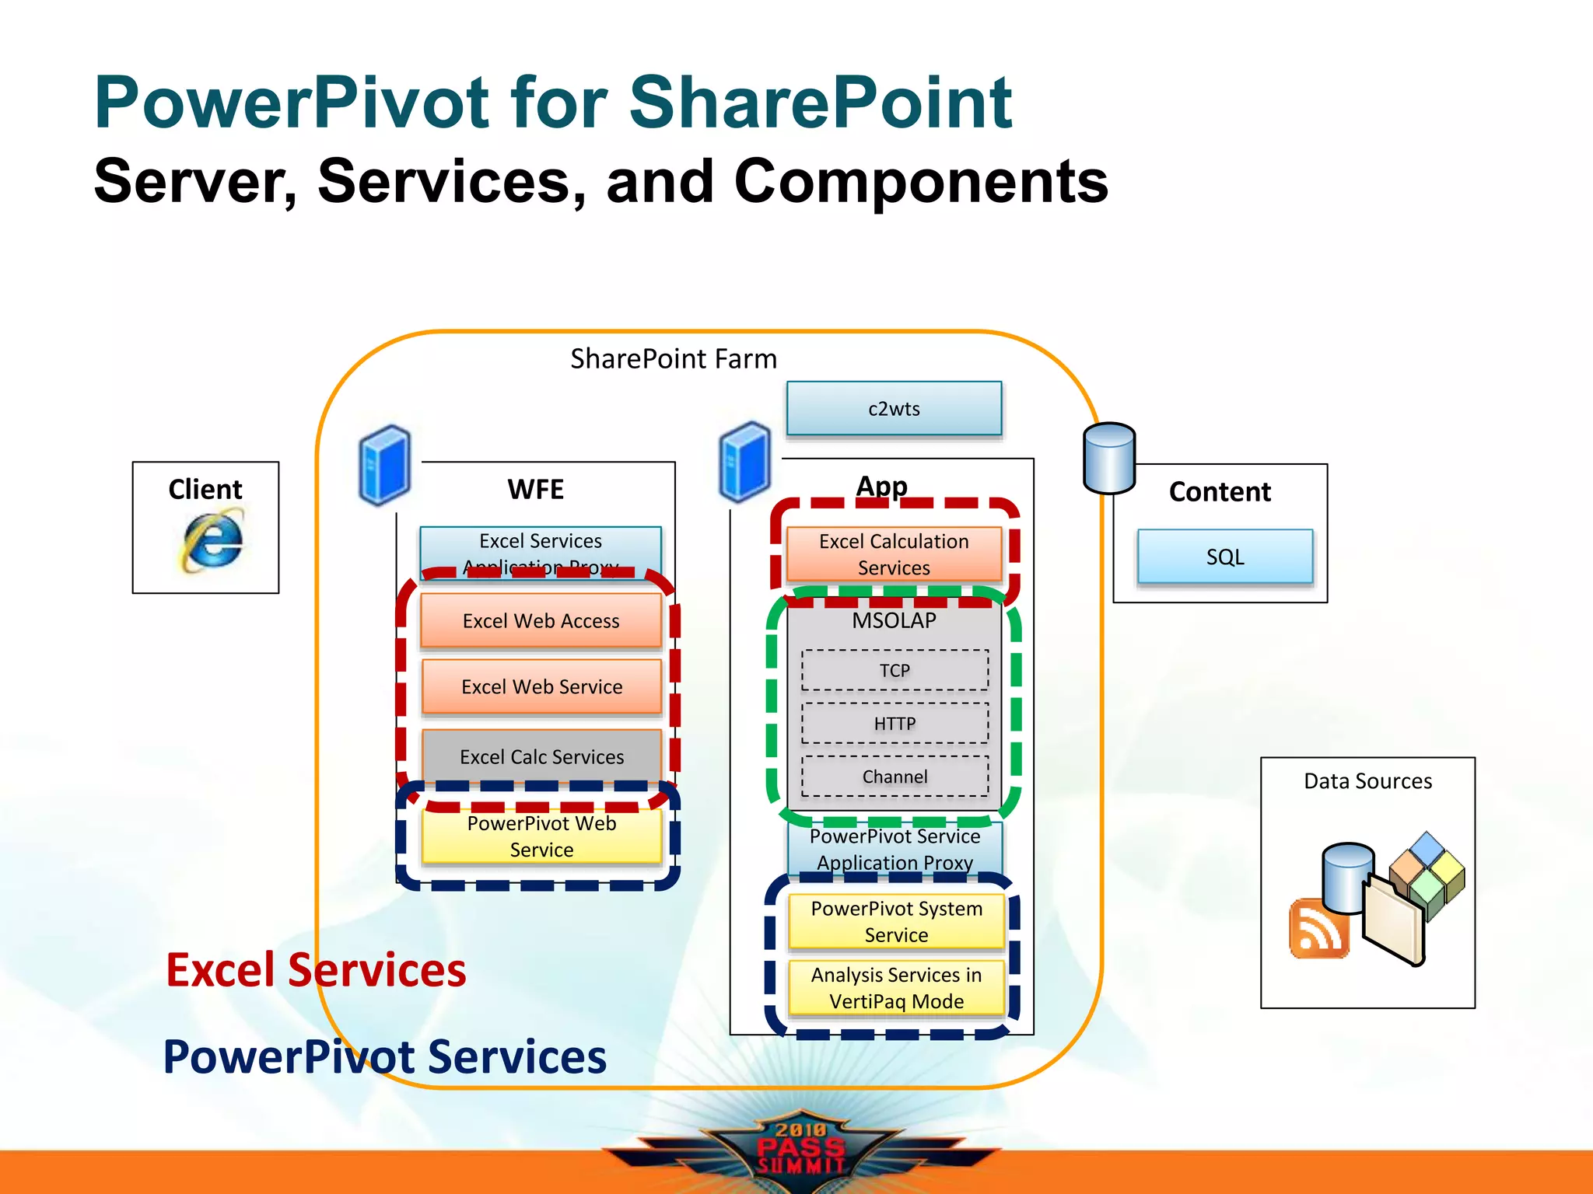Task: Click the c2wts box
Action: (x=894, y=409)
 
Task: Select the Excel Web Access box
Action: (x=541, y=620)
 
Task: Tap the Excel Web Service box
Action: (x=541, y=686)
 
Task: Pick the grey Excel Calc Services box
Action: (x=541, y=756)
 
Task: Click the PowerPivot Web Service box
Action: (x=541, y=836)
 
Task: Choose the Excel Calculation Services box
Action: (x=894, y=554)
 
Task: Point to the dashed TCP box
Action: (x=895, y=670)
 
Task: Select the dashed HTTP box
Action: (x=895, y=724)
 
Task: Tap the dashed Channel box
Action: (x=895, y=777)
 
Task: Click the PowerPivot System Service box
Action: (x=896, y=922)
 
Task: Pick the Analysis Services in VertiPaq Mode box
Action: (x=896, y=988)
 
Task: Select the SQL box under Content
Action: (x=1225, y=557)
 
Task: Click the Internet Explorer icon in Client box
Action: (x=212, y=539)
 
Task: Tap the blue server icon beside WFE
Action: (x=384, y=465)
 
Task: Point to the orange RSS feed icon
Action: (x=1318, y=929)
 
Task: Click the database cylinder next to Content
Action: (x=1109, y=458)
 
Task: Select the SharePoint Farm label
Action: (x=674, y=359)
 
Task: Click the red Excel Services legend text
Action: (x=316, y=970)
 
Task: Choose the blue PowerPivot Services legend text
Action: (x=385, y=1057)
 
